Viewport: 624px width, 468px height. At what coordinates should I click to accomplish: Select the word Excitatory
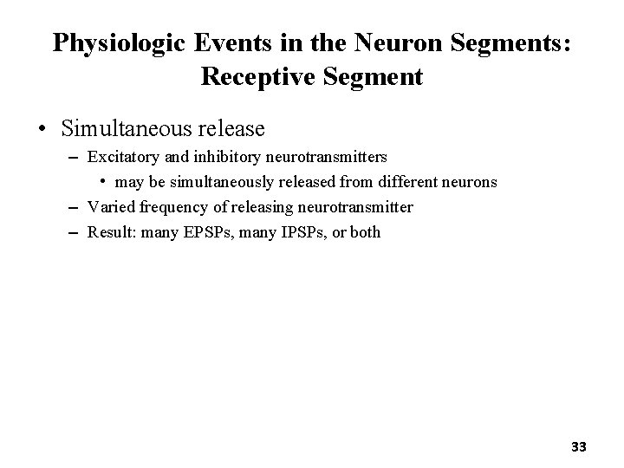tap(121, 158)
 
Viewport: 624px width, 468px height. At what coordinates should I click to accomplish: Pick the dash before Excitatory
tap(69, 158)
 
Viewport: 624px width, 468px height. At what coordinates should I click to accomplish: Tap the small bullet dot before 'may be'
tap(101, 182)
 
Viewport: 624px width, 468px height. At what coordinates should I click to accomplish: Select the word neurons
tap(469, 182)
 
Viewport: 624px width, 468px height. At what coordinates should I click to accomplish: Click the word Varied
tap(107, 207)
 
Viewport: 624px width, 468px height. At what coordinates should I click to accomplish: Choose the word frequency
tap(164, 207)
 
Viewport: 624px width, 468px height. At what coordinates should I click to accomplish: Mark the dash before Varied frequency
tap(69, 207)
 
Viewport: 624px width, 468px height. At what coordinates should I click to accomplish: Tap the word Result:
tap(110, 232)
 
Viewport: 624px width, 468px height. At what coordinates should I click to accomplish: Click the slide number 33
tap(579, 447)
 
